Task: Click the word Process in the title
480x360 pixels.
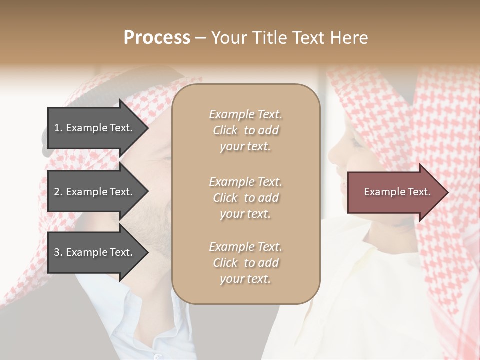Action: pos(157,38)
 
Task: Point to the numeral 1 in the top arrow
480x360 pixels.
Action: pos(56,128)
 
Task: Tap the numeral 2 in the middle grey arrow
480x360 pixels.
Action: pos(57,192)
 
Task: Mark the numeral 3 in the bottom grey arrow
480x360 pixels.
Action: pos(57,253)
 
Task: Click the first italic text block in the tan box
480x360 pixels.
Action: pos(245,130)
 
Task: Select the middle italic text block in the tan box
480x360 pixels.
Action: pos(245,198)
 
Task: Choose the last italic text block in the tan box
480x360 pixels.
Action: pos(245,263)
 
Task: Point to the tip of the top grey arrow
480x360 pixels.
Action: pos(147,128)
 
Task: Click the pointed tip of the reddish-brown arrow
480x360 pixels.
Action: pos(447,192)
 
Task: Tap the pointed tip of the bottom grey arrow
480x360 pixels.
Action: pos(147,253)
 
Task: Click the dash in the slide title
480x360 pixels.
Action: pos(200,38)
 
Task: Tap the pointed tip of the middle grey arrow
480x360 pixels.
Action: pos(147,192)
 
